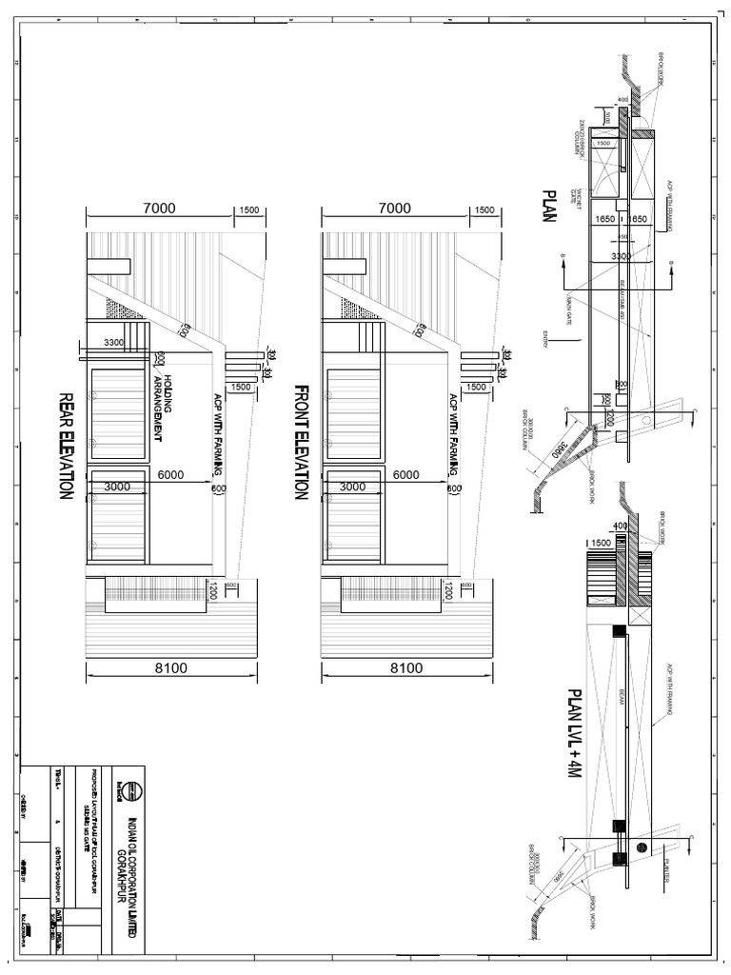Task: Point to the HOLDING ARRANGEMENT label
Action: tap(162, 408)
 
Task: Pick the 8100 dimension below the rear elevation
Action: tap(172, 668)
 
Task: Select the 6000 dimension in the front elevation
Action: tap(406, 475)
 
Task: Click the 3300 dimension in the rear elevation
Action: tap(114, 342)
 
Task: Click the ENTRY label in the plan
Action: tap(545, 338)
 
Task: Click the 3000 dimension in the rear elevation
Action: tap(118, 487)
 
